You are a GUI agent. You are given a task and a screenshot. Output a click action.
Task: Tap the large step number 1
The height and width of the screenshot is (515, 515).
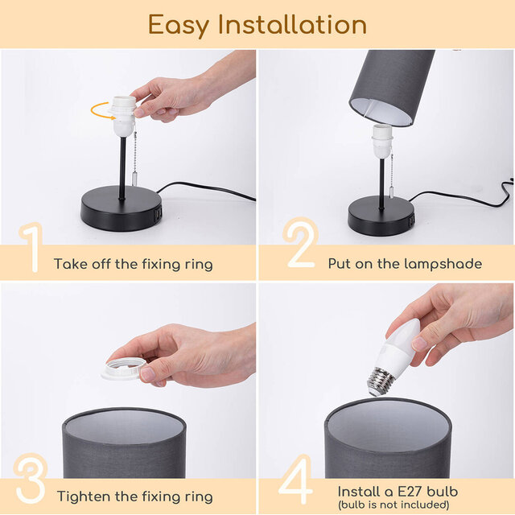click(x=30, y=249)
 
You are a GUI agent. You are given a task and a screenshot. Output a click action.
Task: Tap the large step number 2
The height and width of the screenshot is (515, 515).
click(x=301, y=245)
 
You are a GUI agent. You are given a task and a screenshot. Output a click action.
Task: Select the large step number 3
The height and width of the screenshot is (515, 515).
click(x=30, y=481)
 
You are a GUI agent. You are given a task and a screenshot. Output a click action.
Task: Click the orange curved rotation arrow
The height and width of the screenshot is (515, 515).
click(x=102, y=109)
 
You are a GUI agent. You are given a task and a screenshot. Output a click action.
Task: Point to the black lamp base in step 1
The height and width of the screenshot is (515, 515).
click(x=121, y=210)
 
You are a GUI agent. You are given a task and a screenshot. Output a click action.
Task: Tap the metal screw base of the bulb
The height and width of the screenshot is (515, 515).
click(x=380, y=381)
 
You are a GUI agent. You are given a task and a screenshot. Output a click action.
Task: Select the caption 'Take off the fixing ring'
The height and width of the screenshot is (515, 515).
click(x=133, y=264)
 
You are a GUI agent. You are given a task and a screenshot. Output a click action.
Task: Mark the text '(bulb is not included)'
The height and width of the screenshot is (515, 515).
click(x=394, y=505)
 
